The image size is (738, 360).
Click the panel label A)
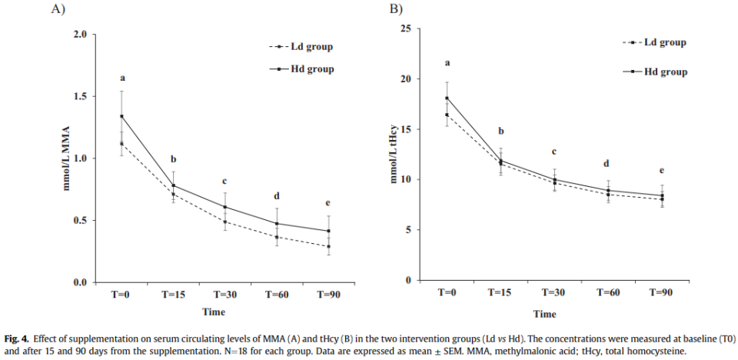click(x=58, y=9)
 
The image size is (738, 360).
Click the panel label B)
click(x=396, y=9)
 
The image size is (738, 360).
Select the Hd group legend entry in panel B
click(x=666, y=72)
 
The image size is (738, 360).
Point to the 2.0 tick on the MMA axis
click(x=79, y=35)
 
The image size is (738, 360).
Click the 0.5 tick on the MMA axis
click(x=79, y=221)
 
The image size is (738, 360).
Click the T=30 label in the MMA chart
click(x=224, y=295)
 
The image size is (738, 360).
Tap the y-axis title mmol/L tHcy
click(x=395, y=155)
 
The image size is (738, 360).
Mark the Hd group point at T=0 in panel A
click(x=121, y=116)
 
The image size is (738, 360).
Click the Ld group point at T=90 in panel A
click(x=328, y=247)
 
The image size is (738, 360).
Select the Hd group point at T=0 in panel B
click(x=447, y=98)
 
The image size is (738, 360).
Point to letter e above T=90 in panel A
click(x=328, y=203)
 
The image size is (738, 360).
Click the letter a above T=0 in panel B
click(x=447, y=63)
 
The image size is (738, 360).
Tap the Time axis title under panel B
click(x=545, y=314)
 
